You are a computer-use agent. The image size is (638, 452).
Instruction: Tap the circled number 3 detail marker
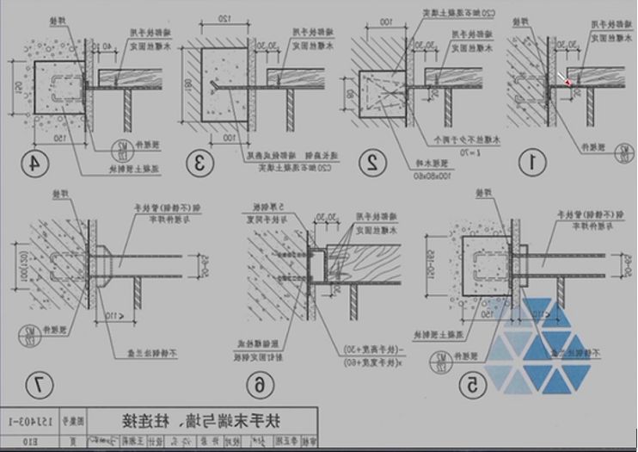(x=200, y=161)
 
